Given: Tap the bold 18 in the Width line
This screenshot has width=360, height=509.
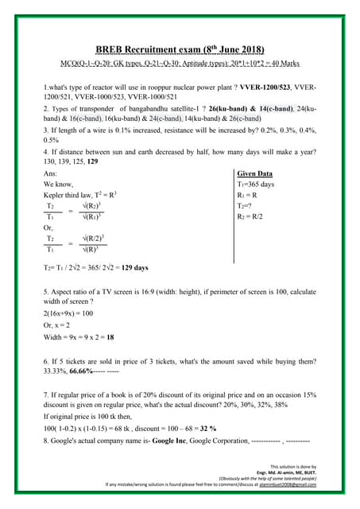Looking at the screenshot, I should (x=110, y=336).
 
